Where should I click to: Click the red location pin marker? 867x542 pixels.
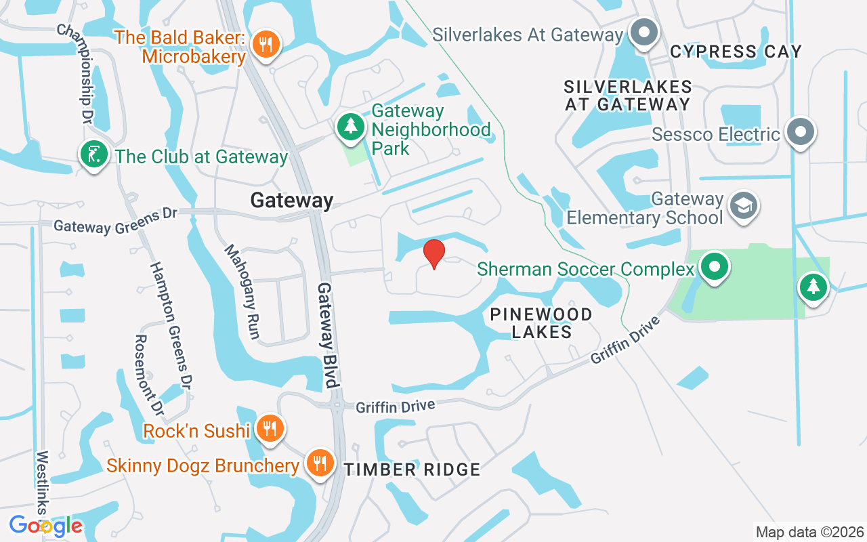point(434,253)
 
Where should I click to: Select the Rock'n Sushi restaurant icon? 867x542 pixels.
point(270,428)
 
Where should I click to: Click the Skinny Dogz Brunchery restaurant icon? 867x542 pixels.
point(318,463)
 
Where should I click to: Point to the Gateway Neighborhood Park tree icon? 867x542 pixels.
point(351,125)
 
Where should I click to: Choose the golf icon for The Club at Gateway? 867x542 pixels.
point(94,154)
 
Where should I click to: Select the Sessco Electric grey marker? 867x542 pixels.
point(801,131)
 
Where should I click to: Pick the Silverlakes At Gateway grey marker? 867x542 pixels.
point(644,33)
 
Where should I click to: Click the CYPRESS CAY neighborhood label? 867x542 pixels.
point(736,51)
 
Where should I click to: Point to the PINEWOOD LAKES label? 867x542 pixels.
point(541,323)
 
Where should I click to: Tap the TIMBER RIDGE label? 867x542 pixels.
point(412,470)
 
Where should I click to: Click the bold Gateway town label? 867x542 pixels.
point(292,200)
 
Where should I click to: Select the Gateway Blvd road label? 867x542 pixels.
point(327,335)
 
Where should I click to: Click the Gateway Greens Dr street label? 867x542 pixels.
point(115,220)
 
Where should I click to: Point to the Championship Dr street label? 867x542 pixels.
point(76,74)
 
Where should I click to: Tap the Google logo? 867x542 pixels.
point(45,525)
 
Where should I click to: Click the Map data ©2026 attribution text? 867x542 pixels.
point(810,532)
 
